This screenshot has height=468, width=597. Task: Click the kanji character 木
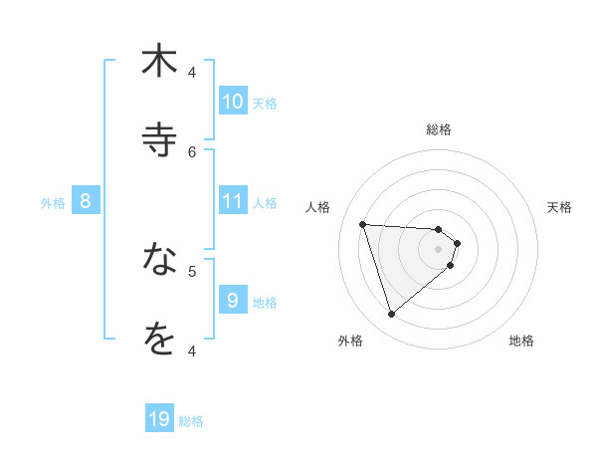[159, 61]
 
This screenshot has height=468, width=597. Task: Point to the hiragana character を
[159, 339]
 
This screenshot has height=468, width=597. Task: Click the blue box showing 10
[233, 102]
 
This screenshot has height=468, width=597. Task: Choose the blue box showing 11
[233, 201]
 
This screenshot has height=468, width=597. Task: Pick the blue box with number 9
[233, 300]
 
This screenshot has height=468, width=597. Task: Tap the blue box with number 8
[86, 201]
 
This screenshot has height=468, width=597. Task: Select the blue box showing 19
[159, 419]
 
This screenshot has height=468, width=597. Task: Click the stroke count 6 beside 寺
[193, 151]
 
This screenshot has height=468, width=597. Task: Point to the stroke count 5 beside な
[193, 270]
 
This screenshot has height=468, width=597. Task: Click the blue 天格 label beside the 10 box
[265, 104]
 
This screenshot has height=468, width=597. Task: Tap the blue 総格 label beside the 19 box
[191, 421]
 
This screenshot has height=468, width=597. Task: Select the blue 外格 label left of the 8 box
[53, 203]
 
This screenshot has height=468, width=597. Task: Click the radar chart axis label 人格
[318, 207]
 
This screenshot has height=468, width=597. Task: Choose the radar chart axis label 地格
[521, 341]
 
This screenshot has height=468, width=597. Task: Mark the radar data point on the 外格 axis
[391, 315]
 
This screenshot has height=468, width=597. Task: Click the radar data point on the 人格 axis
[362, 224]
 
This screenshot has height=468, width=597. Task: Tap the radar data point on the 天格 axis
[457, 243]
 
